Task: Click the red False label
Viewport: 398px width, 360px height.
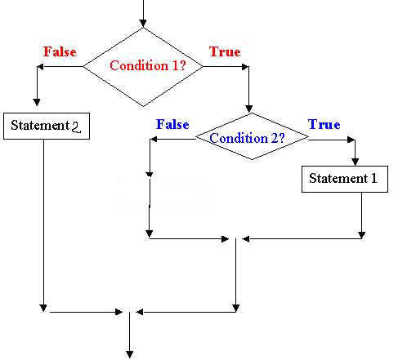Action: (x=60, y=51)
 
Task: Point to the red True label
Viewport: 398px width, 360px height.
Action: (x=225, y=51)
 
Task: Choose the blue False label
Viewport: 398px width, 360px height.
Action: (x=172, y=124)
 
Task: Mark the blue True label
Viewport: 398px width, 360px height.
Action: (x=324, y=124)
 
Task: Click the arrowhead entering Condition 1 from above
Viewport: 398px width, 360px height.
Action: (x=143, y=24)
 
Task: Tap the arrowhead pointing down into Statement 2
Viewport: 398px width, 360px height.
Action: (x=37, y=102)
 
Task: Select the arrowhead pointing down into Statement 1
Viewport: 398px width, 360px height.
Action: (x=355, y=162)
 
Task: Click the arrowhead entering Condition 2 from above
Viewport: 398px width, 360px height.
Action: (x=248, y=109)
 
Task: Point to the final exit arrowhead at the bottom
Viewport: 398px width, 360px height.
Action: (x=130, y=354)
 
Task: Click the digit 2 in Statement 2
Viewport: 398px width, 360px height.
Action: (x=76, y=127)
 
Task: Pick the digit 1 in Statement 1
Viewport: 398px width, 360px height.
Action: (x=374, y=179)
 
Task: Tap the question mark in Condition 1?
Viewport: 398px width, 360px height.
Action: (x=183, y=65)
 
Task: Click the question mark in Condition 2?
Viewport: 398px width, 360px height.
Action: (x=281, y=138)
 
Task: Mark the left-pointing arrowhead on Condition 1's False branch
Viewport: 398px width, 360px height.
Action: (x=40, y=67)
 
